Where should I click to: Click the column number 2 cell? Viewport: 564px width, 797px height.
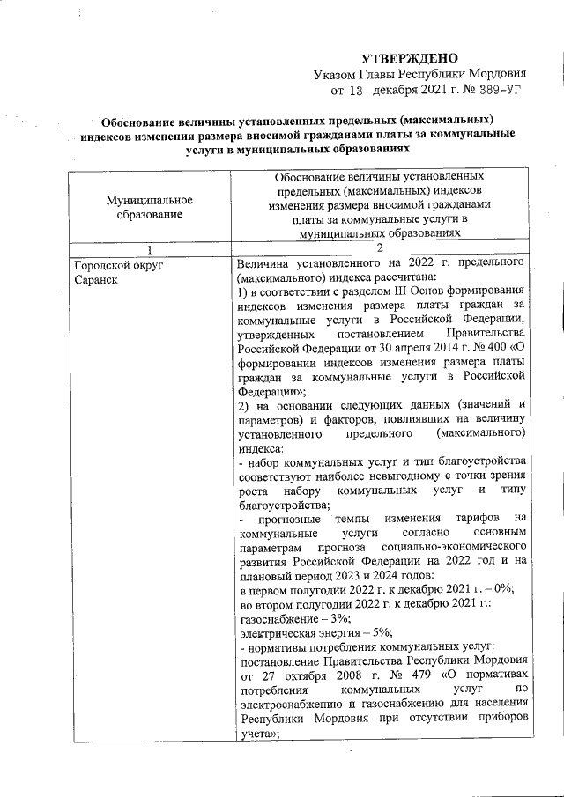(x=380, y=250)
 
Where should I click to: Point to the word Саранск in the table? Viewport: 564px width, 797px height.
(x=97, y=280)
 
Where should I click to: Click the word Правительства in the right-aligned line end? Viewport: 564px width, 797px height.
(x=486, y=333)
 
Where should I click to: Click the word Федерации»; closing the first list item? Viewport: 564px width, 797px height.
(x=269, y=390)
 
